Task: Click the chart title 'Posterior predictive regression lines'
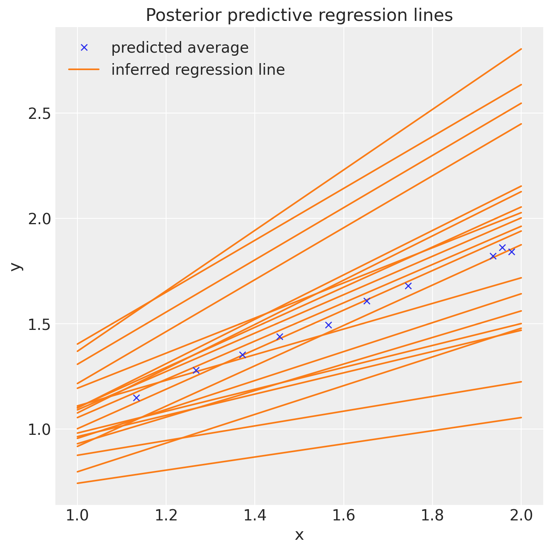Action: point(299,15)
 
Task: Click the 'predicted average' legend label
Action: point(180,48)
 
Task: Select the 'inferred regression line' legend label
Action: point(198,70)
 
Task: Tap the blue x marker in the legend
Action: point(84,47)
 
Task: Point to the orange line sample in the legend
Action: point(84,70)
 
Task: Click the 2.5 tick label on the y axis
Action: point(39,113)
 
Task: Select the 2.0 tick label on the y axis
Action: point(39,219)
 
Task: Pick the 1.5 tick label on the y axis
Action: point(39,324)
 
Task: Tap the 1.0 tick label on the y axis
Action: point(39,429)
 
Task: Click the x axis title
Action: point(299,536)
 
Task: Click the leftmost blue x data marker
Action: point(136,398)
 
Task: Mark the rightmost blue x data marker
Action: point(512,252)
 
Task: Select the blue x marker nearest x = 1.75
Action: point(408,286)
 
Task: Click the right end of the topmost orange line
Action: point(521,49)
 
